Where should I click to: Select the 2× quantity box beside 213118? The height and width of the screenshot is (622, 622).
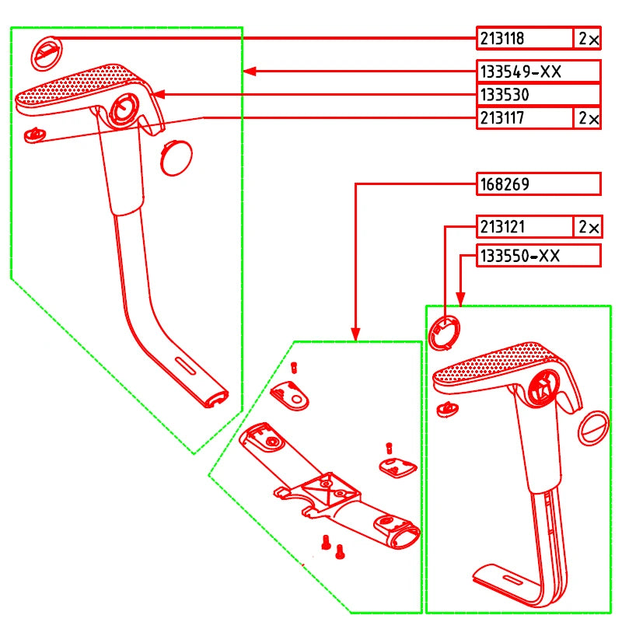point(587,38)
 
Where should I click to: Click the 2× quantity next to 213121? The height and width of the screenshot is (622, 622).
point(587,227)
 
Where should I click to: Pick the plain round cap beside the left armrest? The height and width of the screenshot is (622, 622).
point(176,156)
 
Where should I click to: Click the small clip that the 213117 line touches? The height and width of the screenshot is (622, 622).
point(33,135)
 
